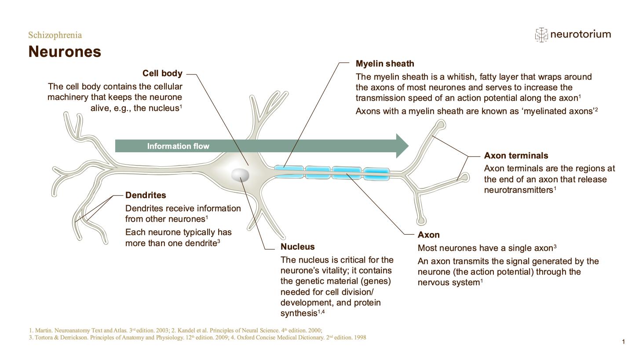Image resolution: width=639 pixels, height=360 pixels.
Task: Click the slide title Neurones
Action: (65, 51)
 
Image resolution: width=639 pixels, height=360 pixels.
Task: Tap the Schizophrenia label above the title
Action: (55, 35)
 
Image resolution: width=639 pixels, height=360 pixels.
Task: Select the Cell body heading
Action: (162, 73)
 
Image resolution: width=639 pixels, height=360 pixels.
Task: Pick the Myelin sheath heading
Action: (385, 64)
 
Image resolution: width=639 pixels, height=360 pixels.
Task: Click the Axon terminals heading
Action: (516, 156)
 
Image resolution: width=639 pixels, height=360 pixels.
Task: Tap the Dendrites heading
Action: (146, 195)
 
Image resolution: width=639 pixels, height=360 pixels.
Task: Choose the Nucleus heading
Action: (298, 246)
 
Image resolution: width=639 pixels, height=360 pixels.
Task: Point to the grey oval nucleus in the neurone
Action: (240, 175)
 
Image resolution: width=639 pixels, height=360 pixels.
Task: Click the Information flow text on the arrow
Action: (178, 146)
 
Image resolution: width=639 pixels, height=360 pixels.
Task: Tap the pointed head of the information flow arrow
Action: (408, 146)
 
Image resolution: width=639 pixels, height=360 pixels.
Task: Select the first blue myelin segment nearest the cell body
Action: (289, 172)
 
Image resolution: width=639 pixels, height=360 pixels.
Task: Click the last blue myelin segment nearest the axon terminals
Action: (376, 174)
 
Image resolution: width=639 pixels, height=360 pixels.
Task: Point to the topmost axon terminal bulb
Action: (441, 125)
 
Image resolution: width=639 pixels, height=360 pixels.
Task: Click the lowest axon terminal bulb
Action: (421, 220)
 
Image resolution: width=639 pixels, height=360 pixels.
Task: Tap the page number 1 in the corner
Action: (624, 342)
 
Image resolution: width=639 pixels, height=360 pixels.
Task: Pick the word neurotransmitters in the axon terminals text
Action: (519, 190)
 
